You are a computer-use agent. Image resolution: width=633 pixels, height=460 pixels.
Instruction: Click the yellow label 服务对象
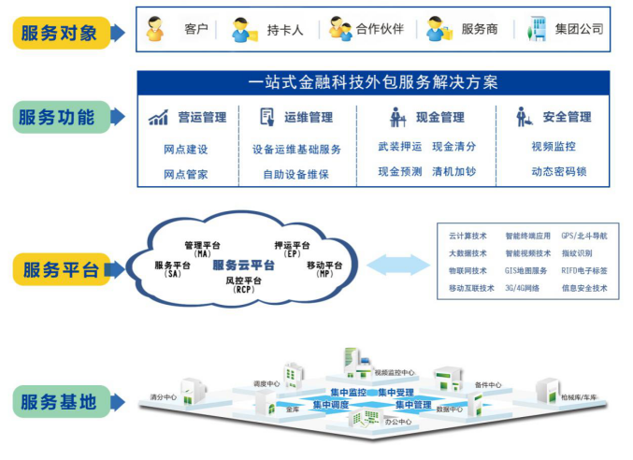pos(59,33)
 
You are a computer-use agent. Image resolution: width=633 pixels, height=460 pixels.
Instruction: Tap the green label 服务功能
pos(57,119)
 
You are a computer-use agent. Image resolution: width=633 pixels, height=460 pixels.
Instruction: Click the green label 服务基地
pos(58,402)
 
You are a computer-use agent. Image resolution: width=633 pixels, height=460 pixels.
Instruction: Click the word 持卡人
pos(284,29)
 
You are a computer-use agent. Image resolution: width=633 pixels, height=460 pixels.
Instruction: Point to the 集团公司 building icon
pos(537,28)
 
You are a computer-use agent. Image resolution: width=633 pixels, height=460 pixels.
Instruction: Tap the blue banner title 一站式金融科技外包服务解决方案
pos(373,82)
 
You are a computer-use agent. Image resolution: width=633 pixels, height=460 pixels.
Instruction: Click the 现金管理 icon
pos(397,118)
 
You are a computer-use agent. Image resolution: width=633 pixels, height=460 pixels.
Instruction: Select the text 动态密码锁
pos(558,172)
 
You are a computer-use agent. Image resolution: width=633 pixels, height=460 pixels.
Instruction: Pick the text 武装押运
pos(400,147)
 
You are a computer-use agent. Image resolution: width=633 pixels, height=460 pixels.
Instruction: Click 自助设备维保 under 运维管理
pos(295,174)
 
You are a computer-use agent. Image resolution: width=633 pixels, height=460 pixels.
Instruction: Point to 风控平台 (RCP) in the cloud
pos(244,284)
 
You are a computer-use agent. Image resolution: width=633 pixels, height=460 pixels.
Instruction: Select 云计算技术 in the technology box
pos(468,236)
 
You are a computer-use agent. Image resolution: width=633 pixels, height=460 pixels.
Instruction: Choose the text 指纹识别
pos(576,252)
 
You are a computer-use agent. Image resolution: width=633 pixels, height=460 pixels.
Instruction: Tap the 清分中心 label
pos(164,397)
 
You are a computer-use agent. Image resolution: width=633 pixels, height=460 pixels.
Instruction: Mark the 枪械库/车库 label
pos(580,397)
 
